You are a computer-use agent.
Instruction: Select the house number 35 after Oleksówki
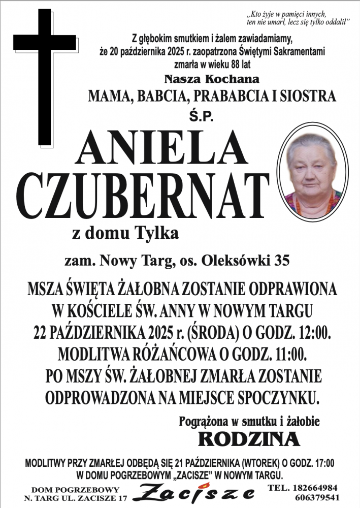[x=282, y=262]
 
